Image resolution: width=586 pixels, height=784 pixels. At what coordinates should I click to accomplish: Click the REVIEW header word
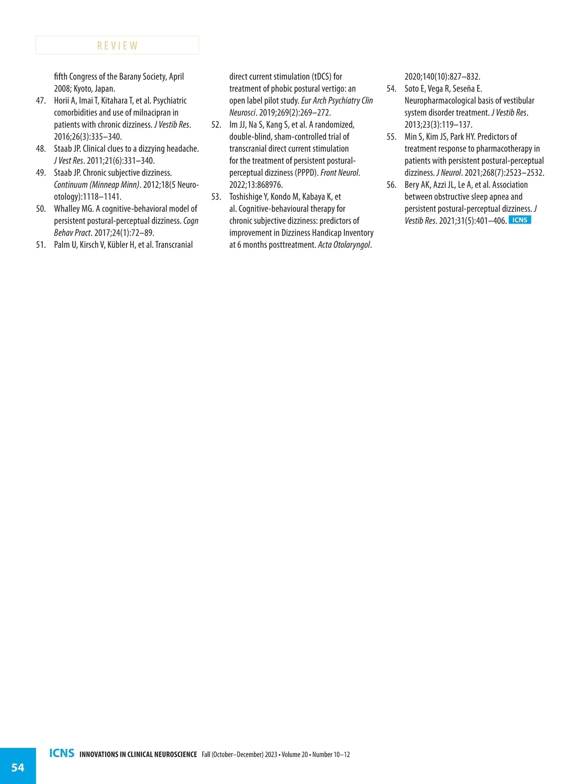(117, 45)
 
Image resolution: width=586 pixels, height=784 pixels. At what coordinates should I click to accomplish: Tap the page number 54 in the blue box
(18, 767)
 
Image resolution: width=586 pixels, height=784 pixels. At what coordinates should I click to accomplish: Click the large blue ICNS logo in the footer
(62, 753)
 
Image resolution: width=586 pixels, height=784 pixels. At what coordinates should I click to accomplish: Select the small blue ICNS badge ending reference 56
(520, 220)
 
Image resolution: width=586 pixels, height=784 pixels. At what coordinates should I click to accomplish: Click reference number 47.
(41, 101)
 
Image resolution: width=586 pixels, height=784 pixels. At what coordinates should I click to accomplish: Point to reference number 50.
(41, 209)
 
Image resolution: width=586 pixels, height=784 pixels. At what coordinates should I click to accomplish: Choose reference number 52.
(216, 125)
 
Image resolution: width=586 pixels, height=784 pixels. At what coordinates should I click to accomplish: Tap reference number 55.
(391, 137)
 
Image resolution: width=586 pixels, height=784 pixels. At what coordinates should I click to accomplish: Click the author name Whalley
(67, 209)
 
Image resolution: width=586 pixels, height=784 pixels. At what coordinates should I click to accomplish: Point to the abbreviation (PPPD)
(307, 173)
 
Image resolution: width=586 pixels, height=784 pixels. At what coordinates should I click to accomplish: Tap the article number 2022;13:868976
(256, 185)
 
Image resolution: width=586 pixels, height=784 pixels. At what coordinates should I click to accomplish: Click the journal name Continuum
(70, 185)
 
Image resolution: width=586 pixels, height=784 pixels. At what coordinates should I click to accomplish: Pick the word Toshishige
(246, 197)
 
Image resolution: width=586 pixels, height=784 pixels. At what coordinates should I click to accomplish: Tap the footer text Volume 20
(294, 755)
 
